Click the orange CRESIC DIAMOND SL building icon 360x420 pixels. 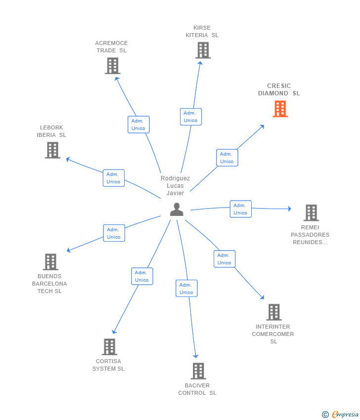tap(280, 109)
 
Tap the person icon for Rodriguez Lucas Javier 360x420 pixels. tap(177, 210)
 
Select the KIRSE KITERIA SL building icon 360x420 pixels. tap(203, 50)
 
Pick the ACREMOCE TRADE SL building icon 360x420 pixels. tap(112, 66)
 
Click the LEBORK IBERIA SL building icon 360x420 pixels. tap(52, 150)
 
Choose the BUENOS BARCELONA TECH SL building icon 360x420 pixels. tap(50, 262)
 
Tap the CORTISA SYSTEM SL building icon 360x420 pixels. tap(109, 347)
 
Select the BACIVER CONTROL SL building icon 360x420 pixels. tap(198, 371)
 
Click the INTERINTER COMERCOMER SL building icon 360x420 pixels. tap(273, 312)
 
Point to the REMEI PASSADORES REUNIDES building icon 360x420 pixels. tap(311, 213)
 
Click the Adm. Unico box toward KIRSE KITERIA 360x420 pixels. tap(190, 117)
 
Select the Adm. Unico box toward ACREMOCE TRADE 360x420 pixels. tap(138, 125)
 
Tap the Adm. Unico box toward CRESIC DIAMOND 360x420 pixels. tap(227, 158)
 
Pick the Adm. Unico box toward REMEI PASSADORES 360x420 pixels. tap(240, 209)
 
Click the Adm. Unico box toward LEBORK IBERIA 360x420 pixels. tap(113, 178)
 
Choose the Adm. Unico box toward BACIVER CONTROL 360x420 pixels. tap(186, 289)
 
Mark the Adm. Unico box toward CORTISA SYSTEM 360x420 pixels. tap(142, 276)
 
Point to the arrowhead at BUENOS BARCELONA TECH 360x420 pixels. tap(68, 251)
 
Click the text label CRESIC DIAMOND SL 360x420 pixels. tap(279, 89)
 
